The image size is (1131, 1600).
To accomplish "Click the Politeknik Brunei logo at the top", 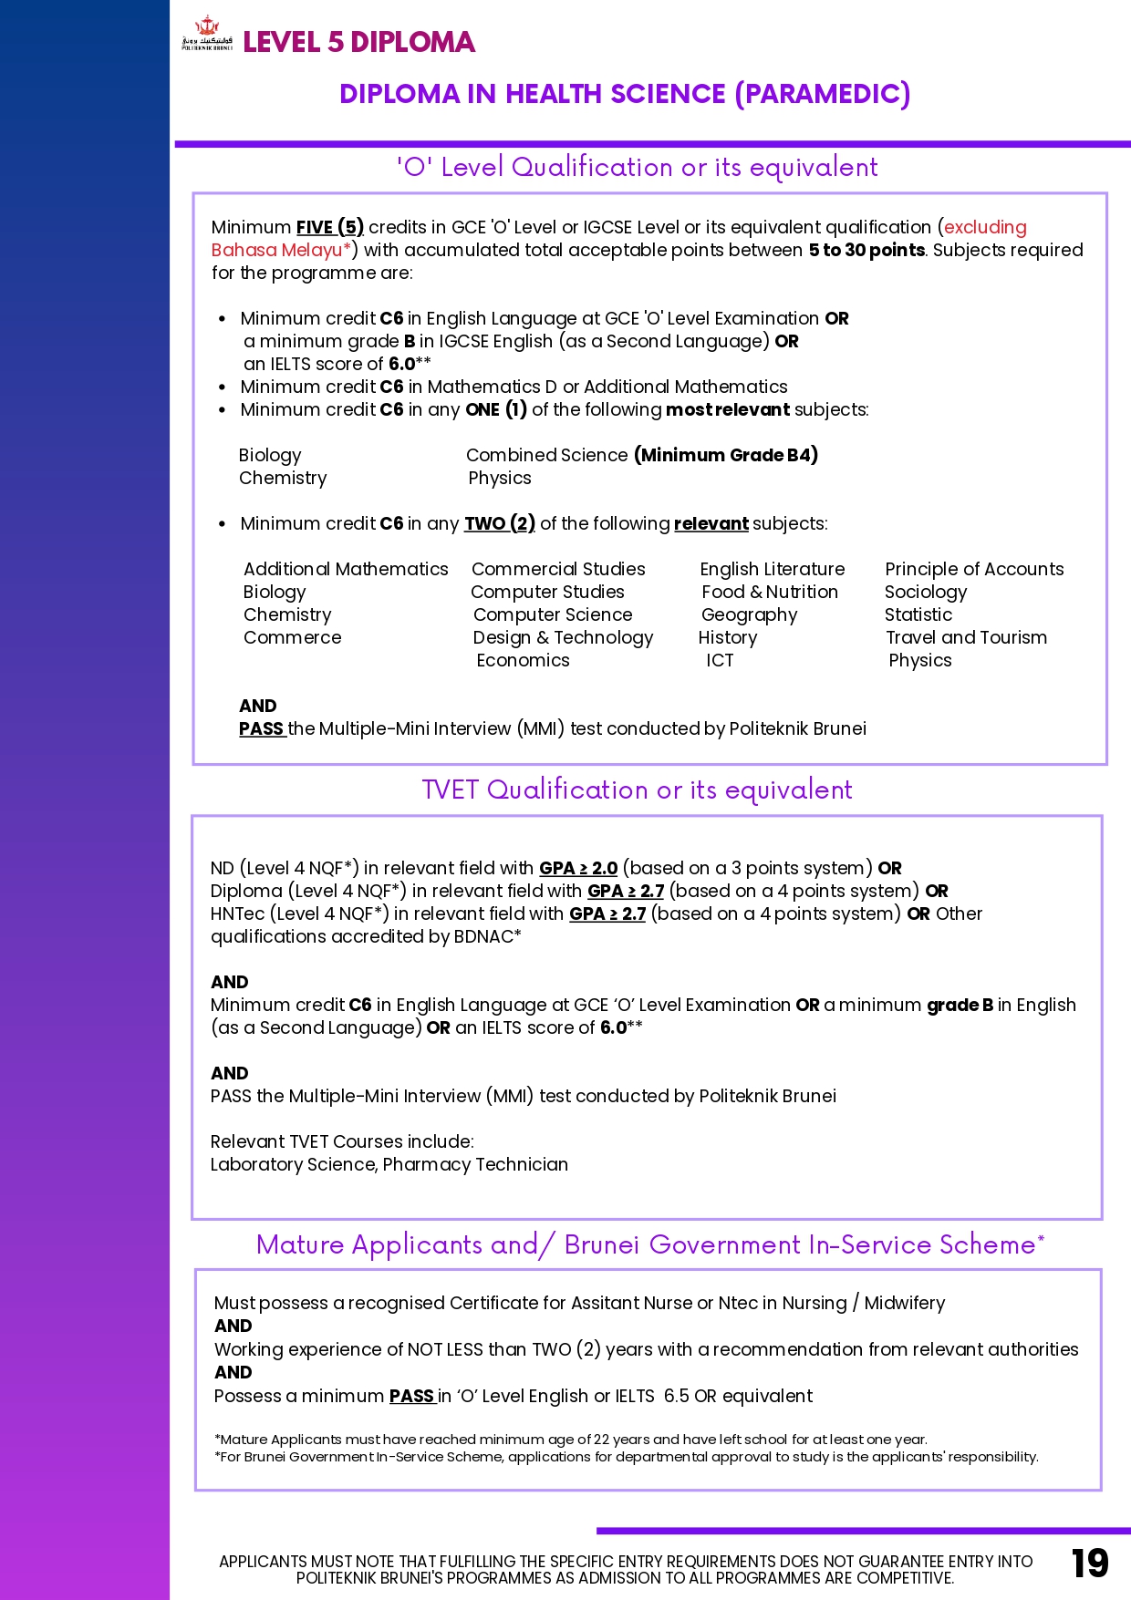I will click(x=207, y=34).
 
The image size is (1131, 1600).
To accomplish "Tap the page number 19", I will click(x=1089, y=1563).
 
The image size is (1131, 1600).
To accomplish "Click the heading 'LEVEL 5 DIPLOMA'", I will click(x=358, y=42).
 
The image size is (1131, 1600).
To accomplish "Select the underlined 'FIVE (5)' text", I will click(x=329, y=227).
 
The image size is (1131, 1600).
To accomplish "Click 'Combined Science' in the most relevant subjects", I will click(x=546, y=455).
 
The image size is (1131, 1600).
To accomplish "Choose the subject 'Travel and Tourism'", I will click(x=966, y=637).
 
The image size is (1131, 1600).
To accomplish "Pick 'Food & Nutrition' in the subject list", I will click(x=769, y=592).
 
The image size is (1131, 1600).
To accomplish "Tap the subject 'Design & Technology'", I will click(x=563, y=637).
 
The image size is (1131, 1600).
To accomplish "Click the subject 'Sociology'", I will click(x=925, y=592).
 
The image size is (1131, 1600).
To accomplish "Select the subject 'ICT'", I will click(x=719, y=660).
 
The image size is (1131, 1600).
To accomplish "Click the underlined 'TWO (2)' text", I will click(x=499, y=523).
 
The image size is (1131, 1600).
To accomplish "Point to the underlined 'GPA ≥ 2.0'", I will click(x=578, y=868).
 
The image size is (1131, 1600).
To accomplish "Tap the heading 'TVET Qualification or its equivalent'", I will click(x=637, y=790).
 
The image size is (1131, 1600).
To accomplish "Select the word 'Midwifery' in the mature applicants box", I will click(x=904, y=1303).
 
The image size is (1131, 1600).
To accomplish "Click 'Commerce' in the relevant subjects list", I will click(x=292, y=637).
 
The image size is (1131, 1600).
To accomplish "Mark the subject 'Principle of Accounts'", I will click(x=973, y=569).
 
